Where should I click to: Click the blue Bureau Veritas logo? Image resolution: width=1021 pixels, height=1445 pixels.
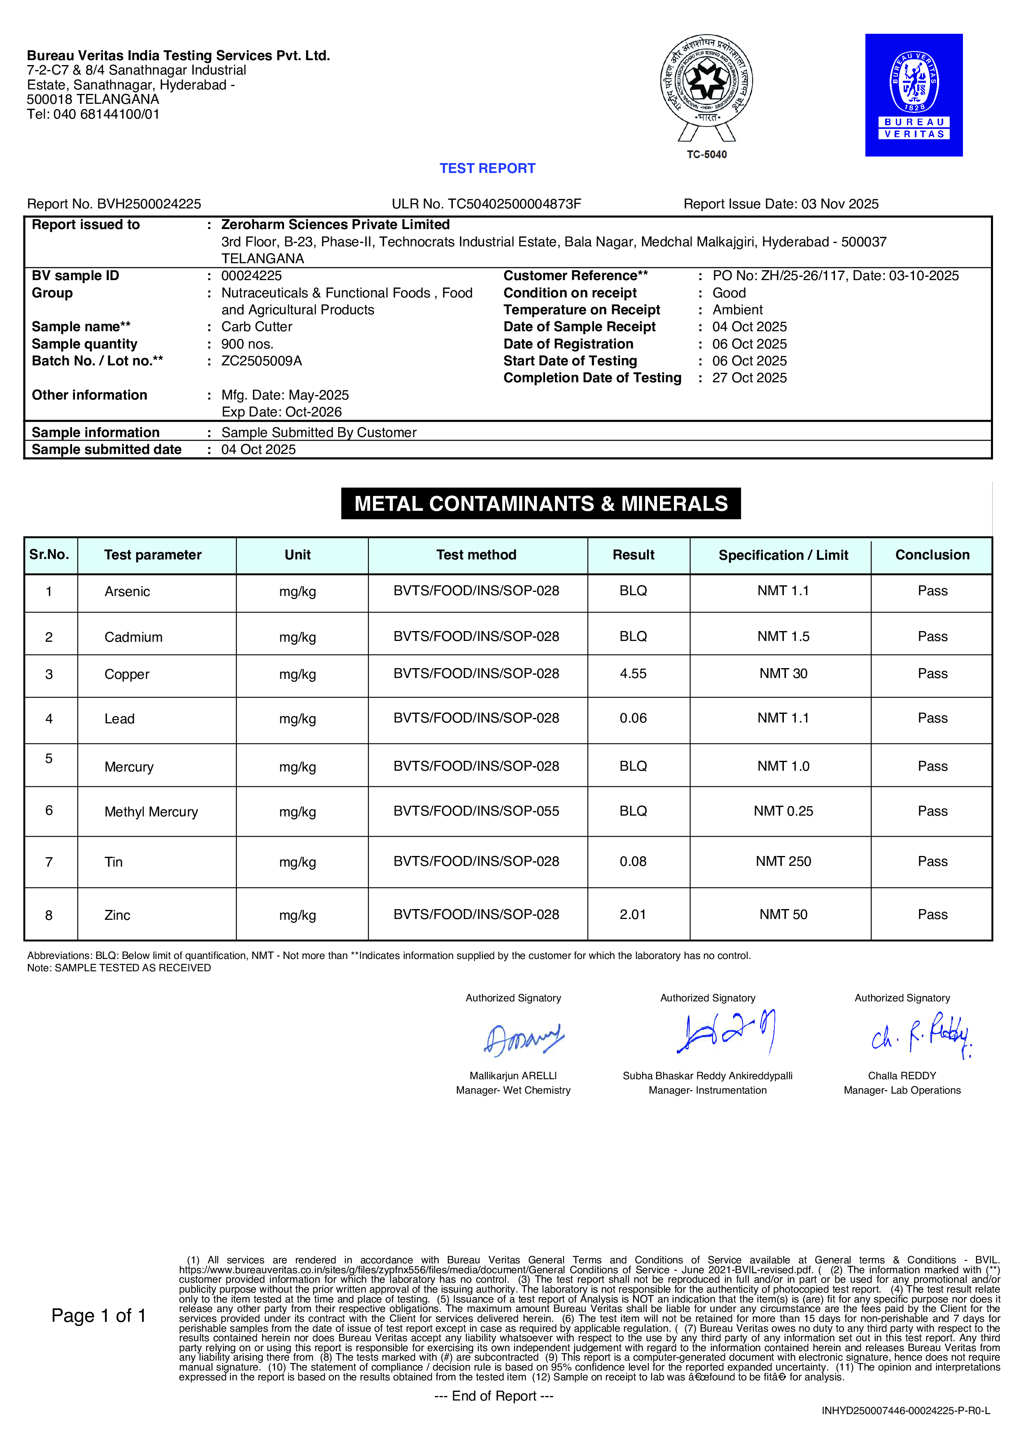click(x=914, y=95)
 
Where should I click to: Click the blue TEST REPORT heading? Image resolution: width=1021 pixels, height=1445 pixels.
click(x=487, y=168)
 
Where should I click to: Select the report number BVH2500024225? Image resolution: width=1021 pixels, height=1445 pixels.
click(x=149, y=204)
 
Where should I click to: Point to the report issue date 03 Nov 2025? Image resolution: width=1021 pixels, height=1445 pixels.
click(x=839, y=204)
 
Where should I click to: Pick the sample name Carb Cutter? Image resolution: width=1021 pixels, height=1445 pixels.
click(x=256, y=327)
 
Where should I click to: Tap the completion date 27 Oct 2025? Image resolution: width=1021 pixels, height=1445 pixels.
click(x=749, y=378)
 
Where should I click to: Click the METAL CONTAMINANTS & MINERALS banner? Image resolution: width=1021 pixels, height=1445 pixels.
click(x=541, y=503)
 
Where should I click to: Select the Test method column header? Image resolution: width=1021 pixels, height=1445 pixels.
click(x=476, y=555)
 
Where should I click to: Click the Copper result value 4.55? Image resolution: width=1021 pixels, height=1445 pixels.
click(x=633, y=674)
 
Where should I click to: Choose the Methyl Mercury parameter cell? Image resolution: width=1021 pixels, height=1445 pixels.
click(x=151, y=812)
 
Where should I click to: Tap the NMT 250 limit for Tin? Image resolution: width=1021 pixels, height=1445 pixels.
click(x=783, y=862)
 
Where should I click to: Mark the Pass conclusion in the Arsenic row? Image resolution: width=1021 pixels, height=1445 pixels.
click(x=932, y=591)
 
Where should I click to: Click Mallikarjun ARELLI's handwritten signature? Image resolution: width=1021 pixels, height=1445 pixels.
click(x=523, y=1039)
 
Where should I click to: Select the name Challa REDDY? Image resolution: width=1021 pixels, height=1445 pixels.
click(x=902, y=1076)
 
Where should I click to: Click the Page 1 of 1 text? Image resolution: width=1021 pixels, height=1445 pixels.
click(x=99, y=1316)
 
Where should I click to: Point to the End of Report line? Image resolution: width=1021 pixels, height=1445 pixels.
click(x=494, y=1396)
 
